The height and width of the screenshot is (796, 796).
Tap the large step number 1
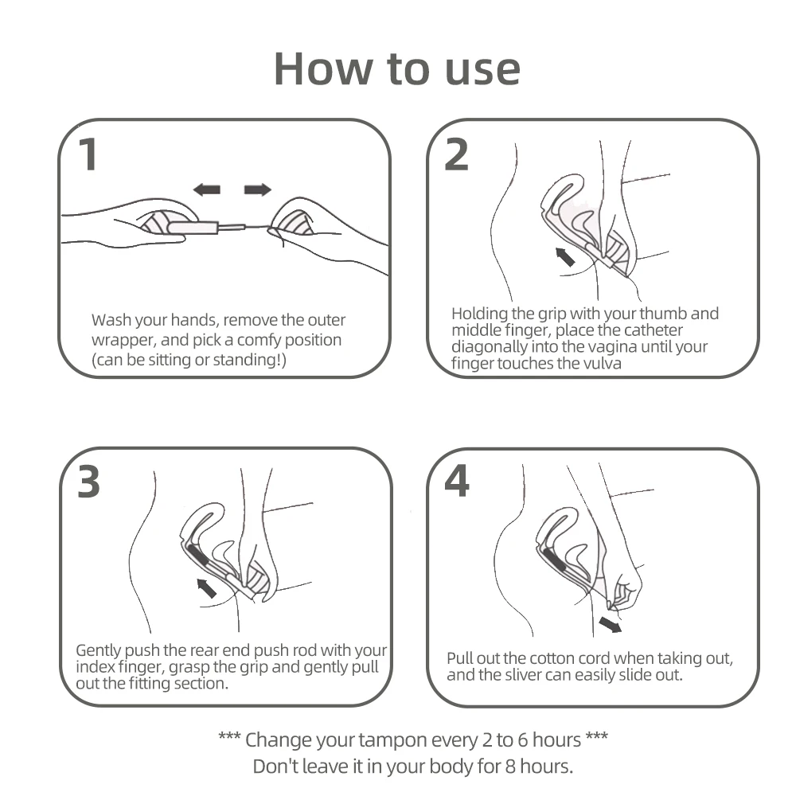(89, 154)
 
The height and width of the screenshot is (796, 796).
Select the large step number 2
(456, 154)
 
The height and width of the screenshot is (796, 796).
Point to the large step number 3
(89, 482)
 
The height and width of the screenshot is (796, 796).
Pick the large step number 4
(457, 482)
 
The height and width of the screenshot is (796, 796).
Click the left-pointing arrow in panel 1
(207, 190)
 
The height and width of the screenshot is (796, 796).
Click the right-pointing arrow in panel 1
(258, 190)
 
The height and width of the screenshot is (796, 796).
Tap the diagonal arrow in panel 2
(564, 257)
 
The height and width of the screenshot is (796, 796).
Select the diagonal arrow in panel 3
(206, 588)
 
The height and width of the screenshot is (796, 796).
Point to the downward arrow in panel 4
(611, 624)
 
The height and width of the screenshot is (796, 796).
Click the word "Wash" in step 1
(111, 320)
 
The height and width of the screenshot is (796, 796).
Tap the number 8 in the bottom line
(510, 766)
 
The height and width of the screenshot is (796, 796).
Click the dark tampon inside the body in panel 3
(199, 556)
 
